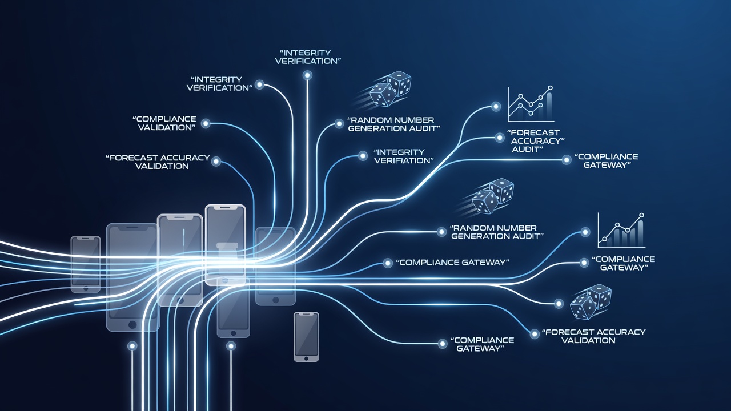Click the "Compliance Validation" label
[164, 123]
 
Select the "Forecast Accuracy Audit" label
[535, 141]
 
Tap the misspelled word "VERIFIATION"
[404, 160]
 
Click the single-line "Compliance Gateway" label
[452, 263]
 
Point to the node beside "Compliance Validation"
[206, 123]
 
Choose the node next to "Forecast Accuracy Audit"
[500, 138]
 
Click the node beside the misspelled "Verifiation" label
[363, 156]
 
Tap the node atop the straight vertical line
[307, 76]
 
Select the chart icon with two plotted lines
[531, 104]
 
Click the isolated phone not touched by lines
[306, 337]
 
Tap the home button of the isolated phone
[306, 358]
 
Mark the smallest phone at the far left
[86, 264]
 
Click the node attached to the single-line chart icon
[585, 232]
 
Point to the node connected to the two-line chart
[496, 106]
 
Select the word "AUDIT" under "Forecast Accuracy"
[527, 149]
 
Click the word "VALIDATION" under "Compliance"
[166, 127]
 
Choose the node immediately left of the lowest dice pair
[559, 304]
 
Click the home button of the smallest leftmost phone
[86, 288]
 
